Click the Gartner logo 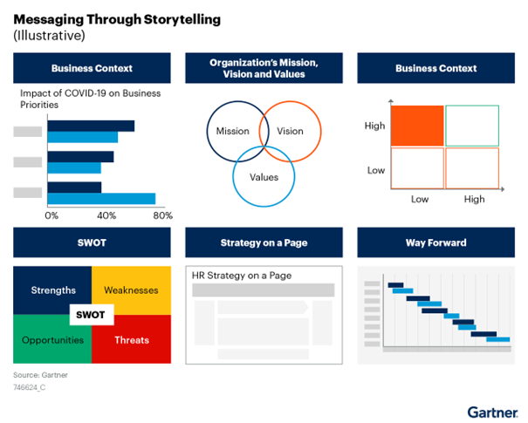tap(492, 413)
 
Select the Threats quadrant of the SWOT tap(131, 339)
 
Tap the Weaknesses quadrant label tap(131, 290)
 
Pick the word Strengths tap(53, 290)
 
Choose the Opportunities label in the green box tap(52, 340)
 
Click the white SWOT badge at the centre tap(92, 315)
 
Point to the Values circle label tap(264, 177)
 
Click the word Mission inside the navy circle tap(233, 131)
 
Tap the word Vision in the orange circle tap(290, 131)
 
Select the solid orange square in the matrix tap(417, 126)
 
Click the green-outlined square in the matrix tap(472, 126)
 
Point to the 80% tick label tap(163, 215)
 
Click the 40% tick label tap(106, 215)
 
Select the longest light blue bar tap(101, 199)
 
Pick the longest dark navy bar tap(91, 126)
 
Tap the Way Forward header tap(436, 242)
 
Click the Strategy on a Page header tap(264, 242)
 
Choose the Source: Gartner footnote tap(40, 375)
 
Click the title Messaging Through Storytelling tap(117, 19)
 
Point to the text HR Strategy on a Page tap(242, 276)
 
